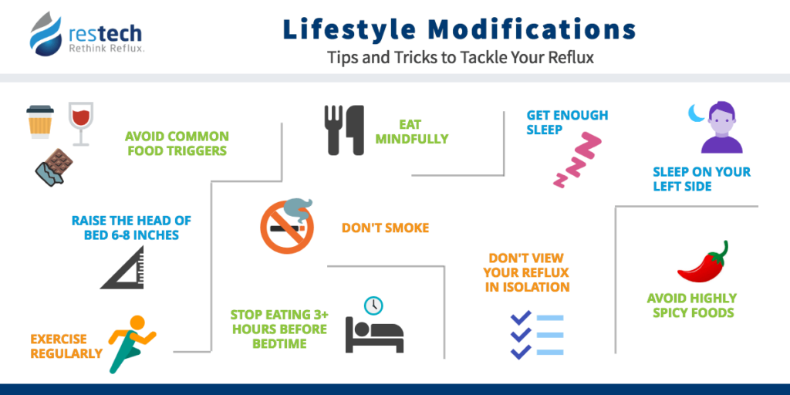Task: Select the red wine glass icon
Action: pyautogui.click(x=80, y=123)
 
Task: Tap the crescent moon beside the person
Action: pyautogui.click(x=694, y=114)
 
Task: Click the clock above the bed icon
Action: pyautogui.click(x=373, y=305)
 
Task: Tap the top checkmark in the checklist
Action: pyautogui.click(x=522, y=318)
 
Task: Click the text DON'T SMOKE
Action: pyautogui.click(x=385, y=228)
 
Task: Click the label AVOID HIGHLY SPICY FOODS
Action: pyautogui.click(x=691, y=306)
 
